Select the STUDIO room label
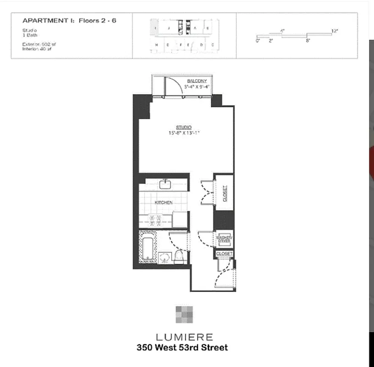[184, 127]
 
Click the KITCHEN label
[163, 202]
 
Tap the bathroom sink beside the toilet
[165, 258]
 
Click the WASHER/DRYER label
[224, 239]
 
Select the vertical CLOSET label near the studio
[224, 193]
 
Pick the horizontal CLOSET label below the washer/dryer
[224, 254]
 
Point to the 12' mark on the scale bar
[335, 31]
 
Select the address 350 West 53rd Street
[182, 347]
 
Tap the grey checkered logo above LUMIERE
[184, 315]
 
